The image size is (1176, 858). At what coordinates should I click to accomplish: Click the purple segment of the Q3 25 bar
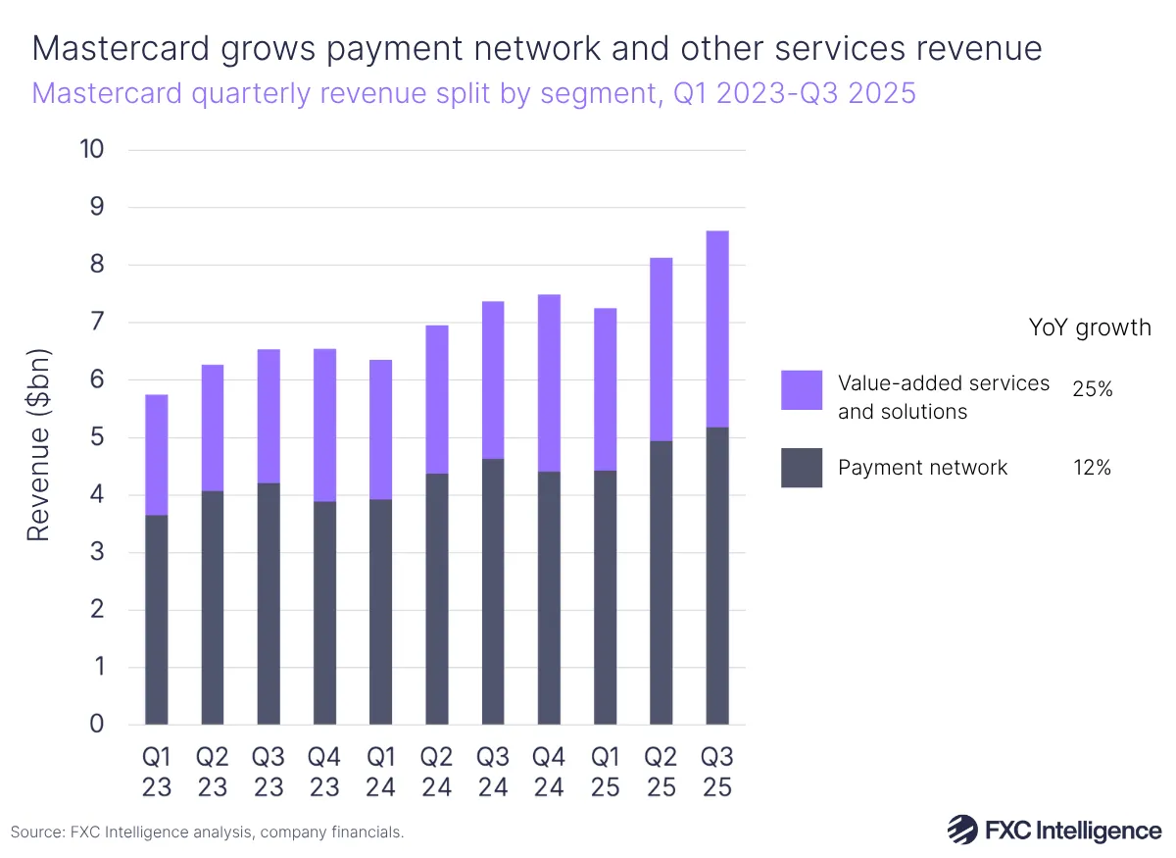point(717,328)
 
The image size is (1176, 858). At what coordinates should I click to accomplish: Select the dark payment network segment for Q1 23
point(157,620)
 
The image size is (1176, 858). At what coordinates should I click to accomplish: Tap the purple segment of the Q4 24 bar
point(549,382)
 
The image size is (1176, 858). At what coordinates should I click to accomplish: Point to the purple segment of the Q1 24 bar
point(381,429)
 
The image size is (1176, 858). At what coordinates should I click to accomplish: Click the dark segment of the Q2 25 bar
point(661,582)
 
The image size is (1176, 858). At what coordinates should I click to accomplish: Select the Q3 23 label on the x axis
point(269,773)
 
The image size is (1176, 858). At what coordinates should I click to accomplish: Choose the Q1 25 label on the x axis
point(605,773)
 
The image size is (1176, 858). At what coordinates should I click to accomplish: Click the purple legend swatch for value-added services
point(801,389)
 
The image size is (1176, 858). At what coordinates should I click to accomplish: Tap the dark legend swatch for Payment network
point(801,467)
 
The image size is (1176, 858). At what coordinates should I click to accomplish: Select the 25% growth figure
point(1092,389)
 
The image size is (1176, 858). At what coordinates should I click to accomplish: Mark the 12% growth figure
point(1092,468)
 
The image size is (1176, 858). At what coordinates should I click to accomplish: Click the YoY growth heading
point(1089,327)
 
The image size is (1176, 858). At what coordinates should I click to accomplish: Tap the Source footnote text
point(207,832)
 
